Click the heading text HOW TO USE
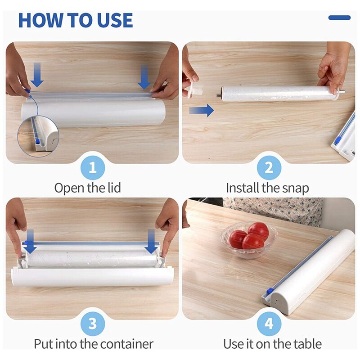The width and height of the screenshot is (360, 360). (x=75, y=21)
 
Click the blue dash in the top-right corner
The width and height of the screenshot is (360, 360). (x=339, y=18)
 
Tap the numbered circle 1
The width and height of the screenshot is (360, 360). (x=93, y=168)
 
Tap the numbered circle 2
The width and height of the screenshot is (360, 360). (x=269, y=168)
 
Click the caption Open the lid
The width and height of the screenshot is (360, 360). (x=88, y=188)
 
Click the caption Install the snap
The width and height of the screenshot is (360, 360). (x=267, y=188)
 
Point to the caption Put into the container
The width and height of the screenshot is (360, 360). (x=94, y=344)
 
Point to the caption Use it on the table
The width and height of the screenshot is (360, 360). (x=272, y=344)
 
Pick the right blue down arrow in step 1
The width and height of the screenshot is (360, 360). (x=144, y=77)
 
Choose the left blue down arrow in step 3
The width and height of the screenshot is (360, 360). (x=30, y=241)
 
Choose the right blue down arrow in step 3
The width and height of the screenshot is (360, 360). (x=152, y=241)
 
